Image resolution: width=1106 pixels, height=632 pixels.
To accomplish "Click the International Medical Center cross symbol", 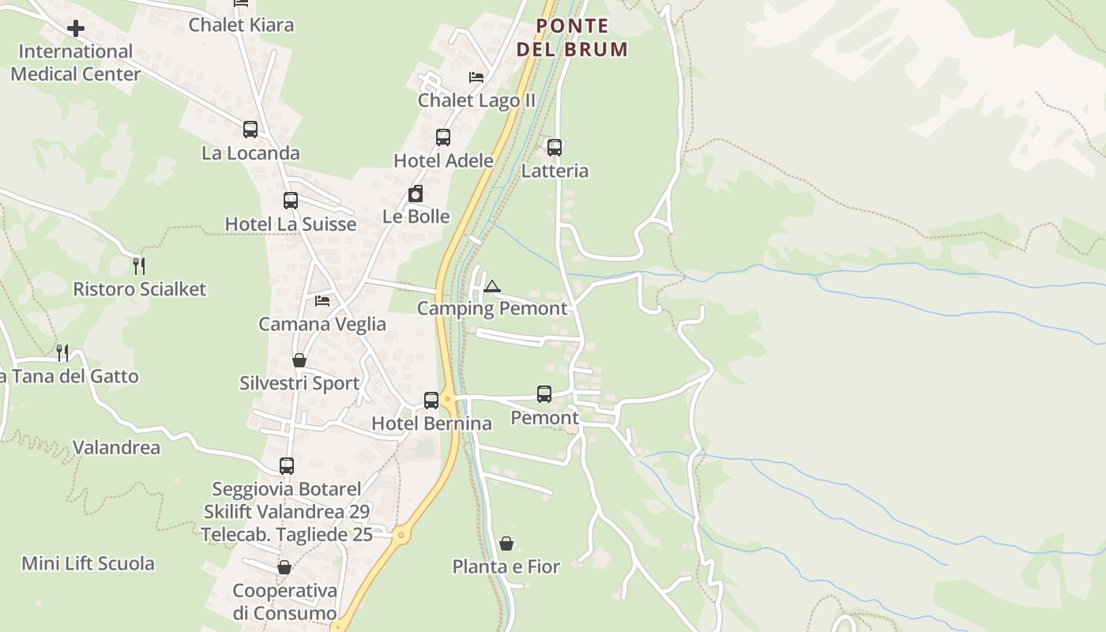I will tap(76, 29).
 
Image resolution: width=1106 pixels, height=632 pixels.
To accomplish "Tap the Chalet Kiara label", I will tap(241, 24).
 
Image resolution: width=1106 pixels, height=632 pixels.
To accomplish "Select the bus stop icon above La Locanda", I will tap(250, 129).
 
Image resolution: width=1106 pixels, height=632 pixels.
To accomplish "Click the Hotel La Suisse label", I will tap(291, 224).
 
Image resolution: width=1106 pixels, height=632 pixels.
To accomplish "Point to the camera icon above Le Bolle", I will tap(416, 194).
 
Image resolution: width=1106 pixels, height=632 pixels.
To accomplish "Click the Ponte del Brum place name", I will tap(573, 37).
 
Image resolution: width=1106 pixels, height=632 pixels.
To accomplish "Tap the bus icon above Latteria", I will tap(555, 147).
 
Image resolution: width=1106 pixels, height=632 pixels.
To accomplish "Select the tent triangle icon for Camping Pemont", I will tap(492, 286).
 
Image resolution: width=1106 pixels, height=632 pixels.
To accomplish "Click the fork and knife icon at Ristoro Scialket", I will tap(139, 265).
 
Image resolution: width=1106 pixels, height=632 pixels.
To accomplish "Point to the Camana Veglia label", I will tap(322, 324).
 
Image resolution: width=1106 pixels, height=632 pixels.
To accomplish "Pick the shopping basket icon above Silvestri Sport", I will tap(299, 360).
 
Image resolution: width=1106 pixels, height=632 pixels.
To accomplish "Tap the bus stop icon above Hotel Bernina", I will tap(431, 400).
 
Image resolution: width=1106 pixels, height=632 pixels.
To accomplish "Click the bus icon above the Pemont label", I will tap(544, 393).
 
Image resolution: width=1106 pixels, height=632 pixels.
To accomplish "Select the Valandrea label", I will tap(116, 448).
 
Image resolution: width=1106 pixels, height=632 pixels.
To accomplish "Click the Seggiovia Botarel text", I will tap(287, 489).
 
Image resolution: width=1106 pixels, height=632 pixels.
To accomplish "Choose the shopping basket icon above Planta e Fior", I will tap(506, 544).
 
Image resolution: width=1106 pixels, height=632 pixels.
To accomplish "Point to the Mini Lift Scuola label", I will tap(88, 564).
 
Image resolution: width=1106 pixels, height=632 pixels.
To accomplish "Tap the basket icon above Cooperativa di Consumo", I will tap(284, 567).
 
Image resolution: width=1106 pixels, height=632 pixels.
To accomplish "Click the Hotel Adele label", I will tap(443, 161).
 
